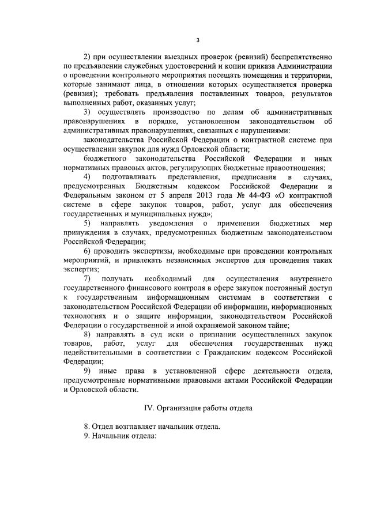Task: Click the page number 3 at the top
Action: [197, 39]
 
